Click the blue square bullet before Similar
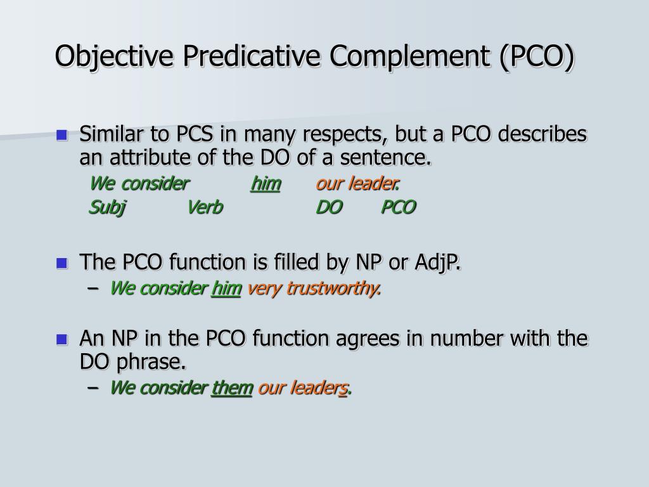point(61,134)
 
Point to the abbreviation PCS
point(198,134)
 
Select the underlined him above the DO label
point(266,184)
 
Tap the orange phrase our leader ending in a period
point(357,184)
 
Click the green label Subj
point(107,207)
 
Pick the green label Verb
point(205,207)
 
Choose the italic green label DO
point(329,207)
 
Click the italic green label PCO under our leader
point(398,207)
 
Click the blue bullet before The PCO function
point(61,263)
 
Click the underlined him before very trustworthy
point(226,289)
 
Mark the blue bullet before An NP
point(61,339)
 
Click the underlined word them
point(232,388)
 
